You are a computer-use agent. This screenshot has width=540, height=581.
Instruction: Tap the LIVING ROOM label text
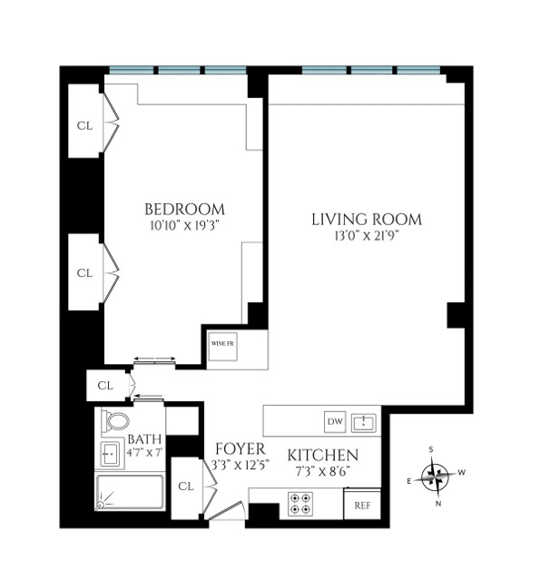(367, 219)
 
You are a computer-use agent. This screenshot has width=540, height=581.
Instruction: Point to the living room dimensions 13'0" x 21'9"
(367, 236)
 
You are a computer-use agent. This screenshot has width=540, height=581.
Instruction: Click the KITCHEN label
(323, 456)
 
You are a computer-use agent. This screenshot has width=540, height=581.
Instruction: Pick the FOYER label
(240, 449)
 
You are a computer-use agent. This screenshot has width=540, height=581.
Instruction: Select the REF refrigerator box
(361, 505)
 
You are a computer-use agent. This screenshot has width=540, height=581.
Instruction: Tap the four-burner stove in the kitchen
(300, 504)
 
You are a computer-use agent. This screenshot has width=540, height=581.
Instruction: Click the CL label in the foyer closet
(186, 487)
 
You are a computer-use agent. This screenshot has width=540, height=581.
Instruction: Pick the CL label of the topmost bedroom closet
(84, 125)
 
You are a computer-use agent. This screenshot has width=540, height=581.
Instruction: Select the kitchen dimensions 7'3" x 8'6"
(323, 471)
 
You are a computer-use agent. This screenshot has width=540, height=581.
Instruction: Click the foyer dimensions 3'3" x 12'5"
(240, 465)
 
